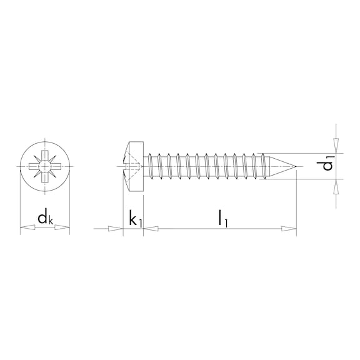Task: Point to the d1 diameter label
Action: pyautogui.click(x=326, y=162)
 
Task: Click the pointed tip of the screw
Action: pyautogui.click(x=296, y=166)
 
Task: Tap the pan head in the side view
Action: pyautogui.click(x=133, y=166)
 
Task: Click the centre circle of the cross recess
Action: pyautogui.click(x=44, y=166)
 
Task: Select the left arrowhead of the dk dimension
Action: pyautogui.click(x=27, y=227)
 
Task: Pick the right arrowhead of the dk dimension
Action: pyautogui.click(x=62, y=227)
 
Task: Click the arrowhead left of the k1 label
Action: pyautogui.click(x=116, y=229)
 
